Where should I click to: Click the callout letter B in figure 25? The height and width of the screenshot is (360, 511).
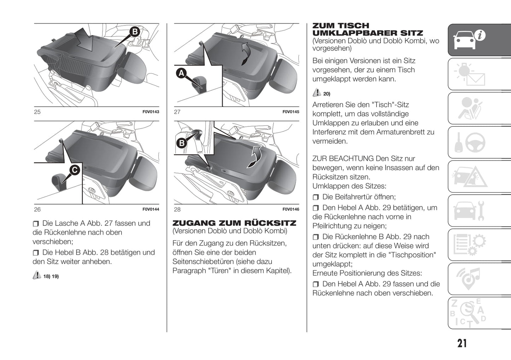tap(134, 32)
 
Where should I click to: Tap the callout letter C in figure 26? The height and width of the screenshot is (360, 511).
tap(74, 170)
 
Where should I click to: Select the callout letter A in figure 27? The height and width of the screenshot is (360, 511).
tap(181, 73)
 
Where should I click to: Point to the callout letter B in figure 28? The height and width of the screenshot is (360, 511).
tap(182, 143)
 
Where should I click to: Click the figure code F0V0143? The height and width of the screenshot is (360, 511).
tap(151, 112)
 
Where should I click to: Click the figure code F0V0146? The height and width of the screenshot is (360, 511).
tap(291, 209)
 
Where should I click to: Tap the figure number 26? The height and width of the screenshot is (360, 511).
tap(37, 209)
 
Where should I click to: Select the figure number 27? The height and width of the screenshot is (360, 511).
tap(177, 112)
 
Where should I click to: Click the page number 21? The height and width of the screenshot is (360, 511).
tap(462, 343)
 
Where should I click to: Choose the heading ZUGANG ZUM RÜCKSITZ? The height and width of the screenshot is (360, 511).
tap(234, 223)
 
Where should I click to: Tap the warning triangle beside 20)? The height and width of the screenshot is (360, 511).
tap(317, 93)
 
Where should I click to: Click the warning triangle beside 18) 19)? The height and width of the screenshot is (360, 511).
tap(37, 275)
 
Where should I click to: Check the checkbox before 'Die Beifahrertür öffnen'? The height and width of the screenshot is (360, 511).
tap(316, 197)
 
